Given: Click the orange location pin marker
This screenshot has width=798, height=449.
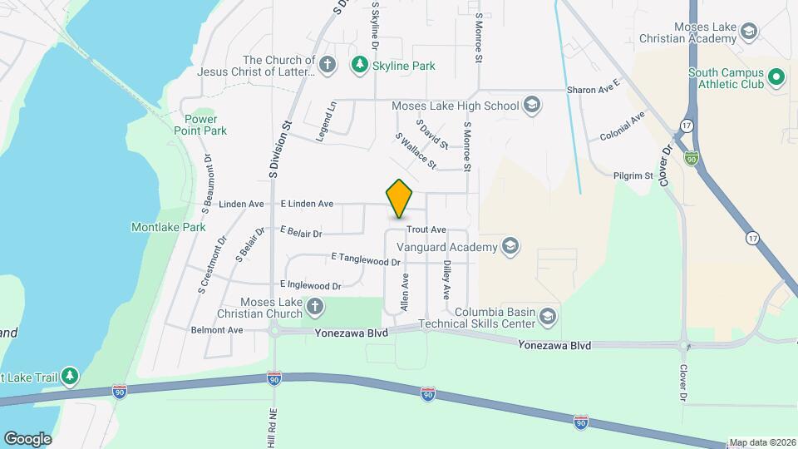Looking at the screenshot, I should (400, 199).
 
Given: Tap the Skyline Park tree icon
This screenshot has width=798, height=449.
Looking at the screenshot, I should (359, 64).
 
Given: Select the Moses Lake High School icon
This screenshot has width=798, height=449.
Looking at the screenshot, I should (532, 105).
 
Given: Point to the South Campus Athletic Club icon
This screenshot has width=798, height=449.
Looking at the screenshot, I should (776, 78).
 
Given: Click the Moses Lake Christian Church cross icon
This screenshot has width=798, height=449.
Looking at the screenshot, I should (314, 308).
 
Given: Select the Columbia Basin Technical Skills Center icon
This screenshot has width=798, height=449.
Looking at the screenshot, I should (547, 316).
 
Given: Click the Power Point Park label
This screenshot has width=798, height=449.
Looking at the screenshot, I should (200, 125).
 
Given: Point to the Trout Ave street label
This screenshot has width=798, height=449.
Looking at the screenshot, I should (426, 229).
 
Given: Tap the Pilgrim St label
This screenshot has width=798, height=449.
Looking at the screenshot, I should (636, 175).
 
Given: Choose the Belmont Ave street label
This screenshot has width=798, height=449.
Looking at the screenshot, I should (217, 330).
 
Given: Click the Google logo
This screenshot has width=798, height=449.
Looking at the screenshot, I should (27, 438).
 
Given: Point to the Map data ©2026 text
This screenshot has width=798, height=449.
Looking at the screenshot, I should (762, 443).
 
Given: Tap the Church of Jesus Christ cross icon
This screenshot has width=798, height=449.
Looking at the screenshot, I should (328, 65).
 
